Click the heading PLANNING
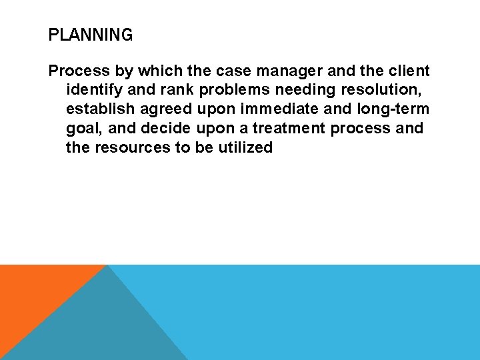91,35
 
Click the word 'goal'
83,128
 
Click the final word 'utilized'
245,147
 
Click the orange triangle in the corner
33,293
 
